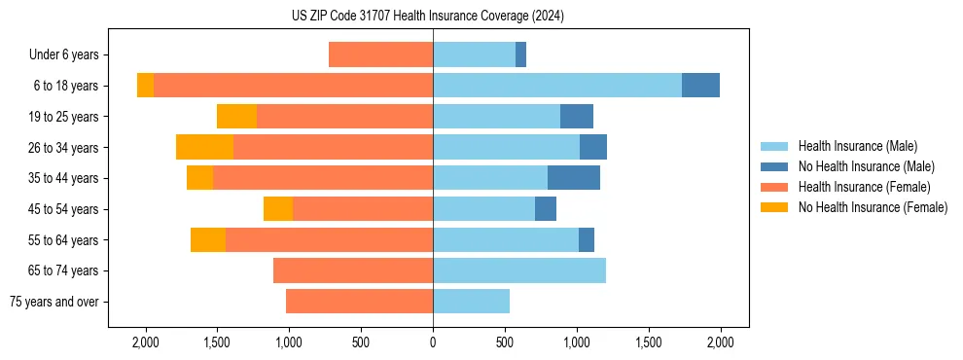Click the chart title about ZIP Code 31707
[427, 16]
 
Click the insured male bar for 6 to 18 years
[557, 86]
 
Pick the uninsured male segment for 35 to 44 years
[574, 178]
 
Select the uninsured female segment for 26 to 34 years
[204, 147]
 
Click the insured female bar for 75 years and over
[359, 302]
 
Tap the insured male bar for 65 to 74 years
[519, 270]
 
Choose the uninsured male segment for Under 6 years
[520, 54]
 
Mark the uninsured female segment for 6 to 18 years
[145, 86]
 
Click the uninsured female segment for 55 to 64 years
[208, 239]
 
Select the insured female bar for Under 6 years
[380, 54]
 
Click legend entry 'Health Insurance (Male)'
[857, 146]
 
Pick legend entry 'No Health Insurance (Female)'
[873, 207]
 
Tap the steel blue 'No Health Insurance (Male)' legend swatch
[774, 166]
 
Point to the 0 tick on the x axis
[433, 342]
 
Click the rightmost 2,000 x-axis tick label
[720, 342]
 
